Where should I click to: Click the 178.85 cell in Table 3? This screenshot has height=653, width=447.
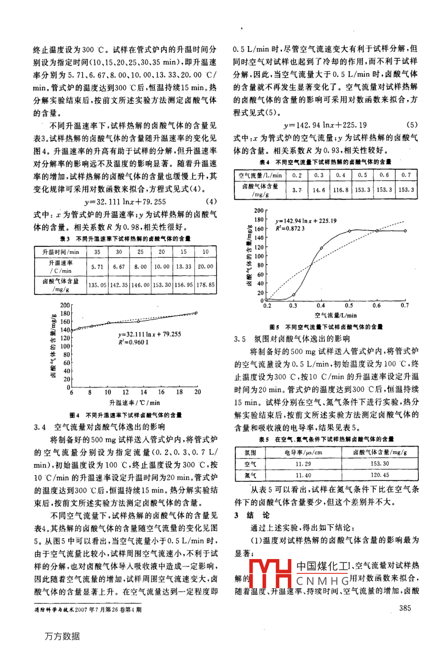[205, 285]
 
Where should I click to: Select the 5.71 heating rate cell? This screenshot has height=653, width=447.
[97, 267]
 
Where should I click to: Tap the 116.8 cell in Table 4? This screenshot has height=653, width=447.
[340, 189]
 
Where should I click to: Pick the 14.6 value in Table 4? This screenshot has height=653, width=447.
[319, 189]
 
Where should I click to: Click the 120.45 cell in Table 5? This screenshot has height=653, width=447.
[380, 475]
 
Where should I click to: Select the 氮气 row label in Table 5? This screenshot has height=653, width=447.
[250, 475]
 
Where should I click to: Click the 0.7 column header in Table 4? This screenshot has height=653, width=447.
[405, 175]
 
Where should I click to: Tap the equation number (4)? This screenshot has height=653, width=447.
[211, 202]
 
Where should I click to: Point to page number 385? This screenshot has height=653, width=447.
[404, 608]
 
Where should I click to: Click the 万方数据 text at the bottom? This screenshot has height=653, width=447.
[62, 637]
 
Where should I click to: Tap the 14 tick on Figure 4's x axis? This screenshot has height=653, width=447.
[144, 392]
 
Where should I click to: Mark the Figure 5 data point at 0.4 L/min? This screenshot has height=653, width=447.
[321, 248]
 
